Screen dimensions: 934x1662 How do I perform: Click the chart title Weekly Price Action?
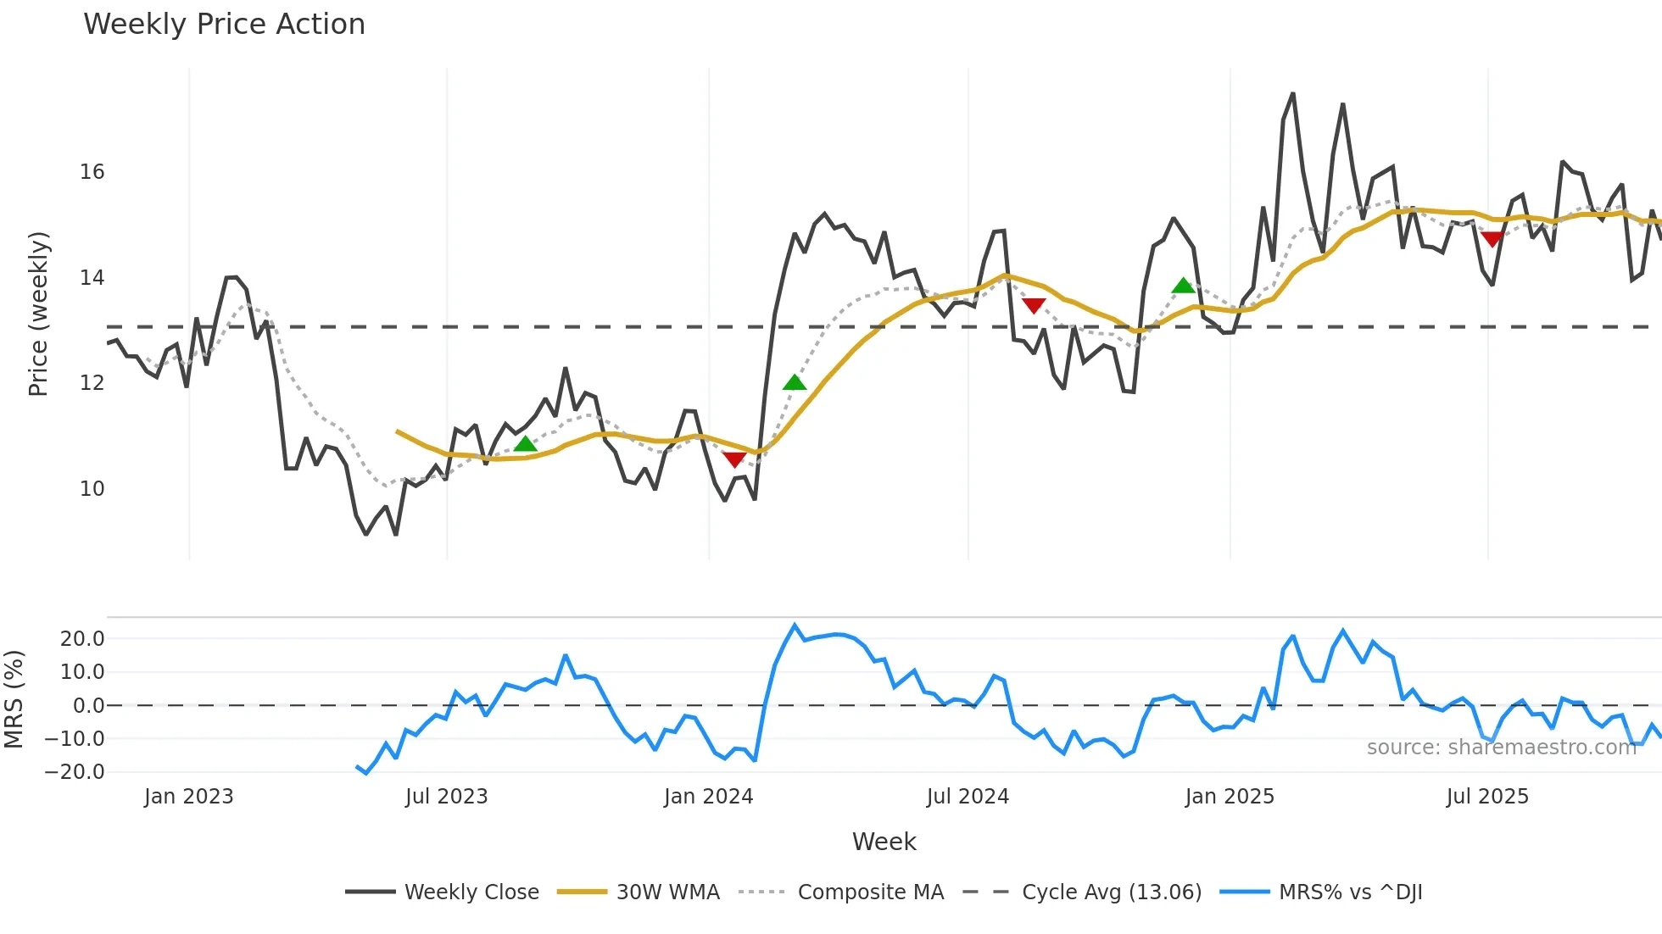point(224,25)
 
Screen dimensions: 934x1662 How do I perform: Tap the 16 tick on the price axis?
point(92,172)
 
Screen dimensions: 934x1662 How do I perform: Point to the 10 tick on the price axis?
point(92,489)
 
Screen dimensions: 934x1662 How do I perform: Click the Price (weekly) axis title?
point(39,314)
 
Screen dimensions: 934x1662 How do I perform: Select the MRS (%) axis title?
point(14,699)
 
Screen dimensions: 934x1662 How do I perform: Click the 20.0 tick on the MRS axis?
point(82,639)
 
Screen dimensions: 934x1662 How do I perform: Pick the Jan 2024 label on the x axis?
point(708,797)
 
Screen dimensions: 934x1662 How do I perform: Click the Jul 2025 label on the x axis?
point(1487,797)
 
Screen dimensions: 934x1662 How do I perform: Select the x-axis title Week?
point(884,842)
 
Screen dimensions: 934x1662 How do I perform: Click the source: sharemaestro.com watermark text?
point(1501,748)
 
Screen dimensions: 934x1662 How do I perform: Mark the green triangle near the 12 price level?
point(795,382)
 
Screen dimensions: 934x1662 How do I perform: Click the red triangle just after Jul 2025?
point(1492,240)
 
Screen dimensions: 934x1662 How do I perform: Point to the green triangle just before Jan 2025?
point(1183,286)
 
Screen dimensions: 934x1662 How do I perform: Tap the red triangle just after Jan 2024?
point(734,459)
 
